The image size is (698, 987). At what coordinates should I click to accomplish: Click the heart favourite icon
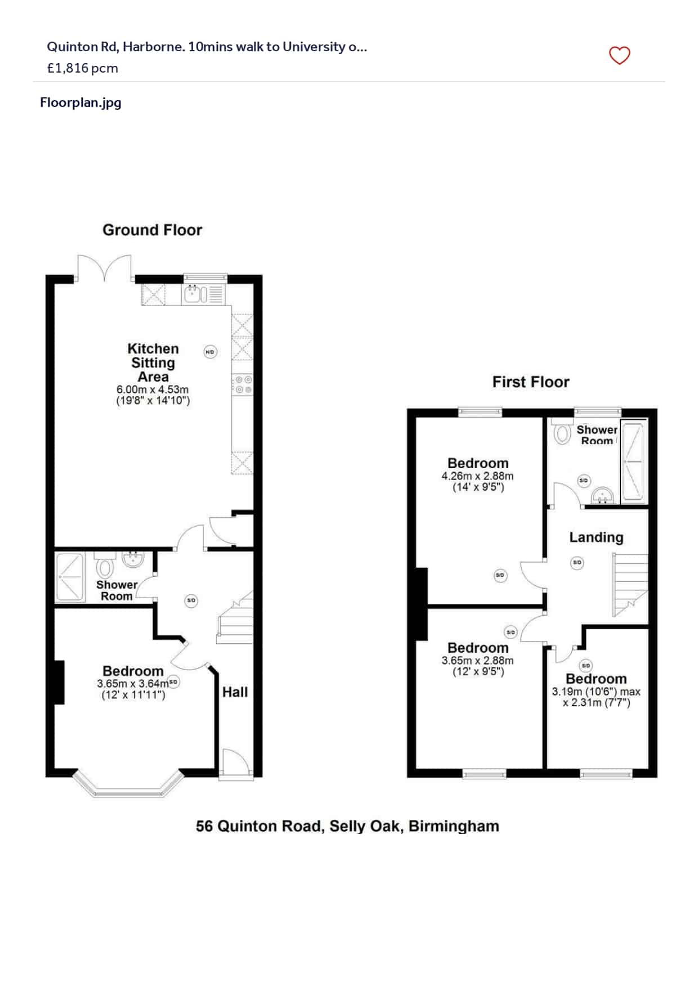pos(619,55)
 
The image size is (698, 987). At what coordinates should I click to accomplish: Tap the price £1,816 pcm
pos(83,68)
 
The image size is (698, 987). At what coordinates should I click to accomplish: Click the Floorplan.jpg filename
pos(80,102)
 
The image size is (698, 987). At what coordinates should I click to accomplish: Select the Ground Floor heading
pos(152,230)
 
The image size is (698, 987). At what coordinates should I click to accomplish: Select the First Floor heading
pos(530,382)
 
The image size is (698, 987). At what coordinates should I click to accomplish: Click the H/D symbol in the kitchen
pos(209,352)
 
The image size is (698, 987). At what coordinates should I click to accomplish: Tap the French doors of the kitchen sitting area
pos(104,268)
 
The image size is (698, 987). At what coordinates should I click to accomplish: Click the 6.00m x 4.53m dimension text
pos(153,389)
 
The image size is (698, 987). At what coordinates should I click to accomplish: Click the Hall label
pos(235,692)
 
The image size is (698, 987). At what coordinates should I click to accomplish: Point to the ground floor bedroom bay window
pos(128,788)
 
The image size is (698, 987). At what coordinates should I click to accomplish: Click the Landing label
pos(596,537)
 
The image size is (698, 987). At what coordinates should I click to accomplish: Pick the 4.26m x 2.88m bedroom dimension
pos(477,476)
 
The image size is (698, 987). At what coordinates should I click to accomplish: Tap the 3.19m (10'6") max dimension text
pos(596,692)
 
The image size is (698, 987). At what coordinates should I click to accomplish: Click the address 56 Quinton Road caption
pos(347,826)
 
